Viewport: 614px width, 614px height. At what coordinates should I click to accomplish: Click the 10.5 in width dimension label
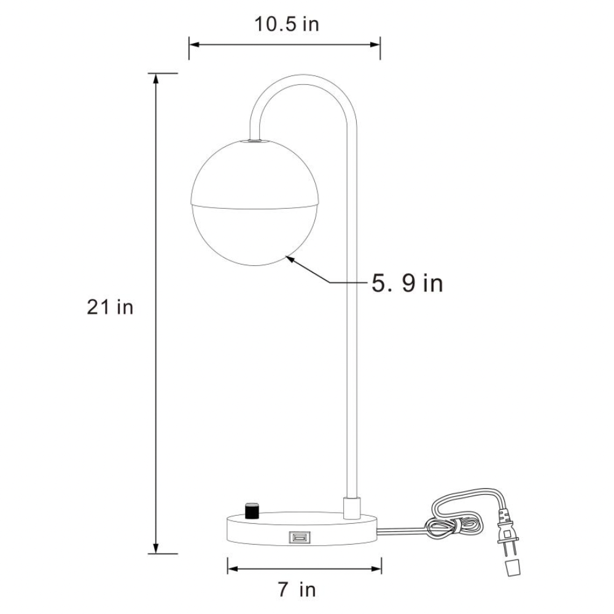click(287, 25)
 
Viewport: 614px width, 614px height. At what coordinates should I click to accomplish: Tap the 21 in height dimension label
click(110, 308)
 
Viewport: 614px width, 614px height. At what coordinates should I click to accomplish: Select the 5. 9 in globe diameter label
click(407, 283)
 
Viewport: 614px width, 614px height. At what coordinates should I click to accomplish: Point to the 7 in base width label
click(297, 589)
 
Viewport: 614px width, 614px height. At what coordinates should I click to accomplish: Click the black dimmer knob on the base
click(252, 511)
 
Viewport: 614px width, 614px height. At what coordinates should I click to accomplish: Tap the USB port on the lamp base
click(300, 537)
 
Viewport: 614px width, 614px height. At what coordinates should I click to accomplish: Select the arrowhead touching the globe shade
click(290, 259)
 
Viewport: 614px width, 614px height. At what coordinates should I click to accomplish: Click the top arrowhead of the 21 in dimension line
click(156, 79)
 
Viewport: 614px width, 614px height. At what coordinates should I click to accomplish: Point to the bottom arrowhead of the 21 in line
click(156, 548)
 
